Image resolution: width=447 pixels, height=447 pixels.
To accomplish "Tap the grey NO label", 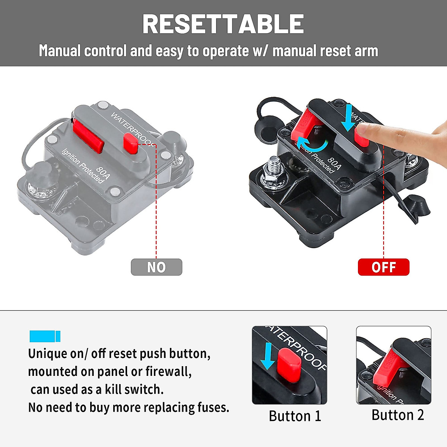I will [156, 267].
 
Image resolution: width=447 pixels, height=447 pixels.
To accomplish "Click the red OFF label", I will [383, 267].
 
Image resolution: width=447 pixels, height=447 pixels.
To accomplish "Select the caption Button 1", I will [295, 416].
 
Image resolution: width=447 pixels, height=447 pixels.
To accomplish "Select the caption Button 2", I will [397, 415].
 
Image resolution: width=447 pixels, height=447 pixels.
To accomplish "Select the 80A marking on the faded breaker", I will [102, 172].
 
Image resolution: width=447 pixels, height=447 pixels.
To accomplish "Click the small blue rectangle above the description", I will [45, 336].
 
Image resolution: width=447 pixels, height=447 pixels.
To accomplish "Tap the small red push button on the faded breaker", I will [131, 143].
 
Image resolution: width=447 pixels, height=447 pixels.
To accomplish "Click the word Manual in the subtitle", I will [60, 51].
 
